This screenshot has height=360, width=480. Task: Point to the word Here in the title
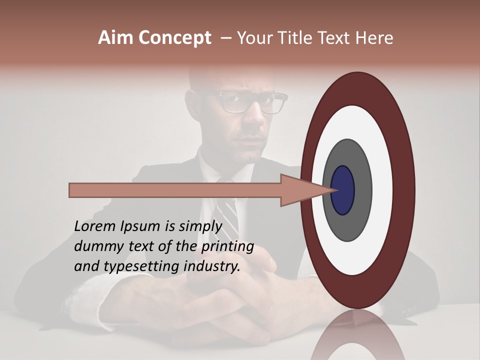(373, 38)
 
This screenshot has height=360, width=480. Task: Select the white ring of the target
(382, 190)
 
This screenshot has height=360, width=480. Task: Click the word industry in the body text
(212, 266)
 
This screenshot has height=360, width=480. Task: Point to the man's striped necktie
(230, 215)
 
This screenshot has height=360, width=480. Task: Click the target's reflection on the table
(357, 337)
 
